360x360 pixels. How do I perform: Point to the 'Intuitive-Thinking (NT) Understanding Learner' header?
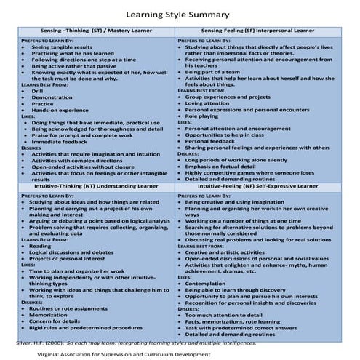point(97,186)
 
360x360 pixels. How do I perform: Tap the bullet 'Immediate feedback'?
point(59,141)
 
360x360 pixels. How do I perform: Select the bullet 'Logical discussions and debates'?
point(72,252)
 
